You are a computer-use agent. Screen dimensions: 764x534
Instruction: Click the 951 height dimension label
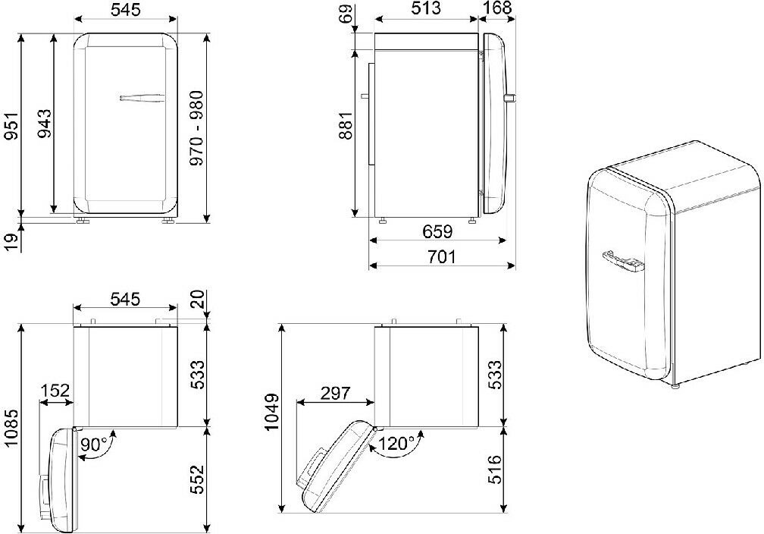(11, 127)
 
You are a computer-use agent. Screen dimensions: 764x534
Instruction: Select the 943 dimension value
(45, 124)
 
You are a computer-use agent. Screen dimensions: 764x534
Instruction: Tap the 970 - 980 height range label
(196, 128)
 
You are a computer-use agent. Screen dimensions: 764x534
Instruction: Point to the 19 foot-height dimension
(11, 241)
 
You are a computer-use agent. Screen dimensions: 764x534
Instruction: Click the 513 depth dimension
(426, 8)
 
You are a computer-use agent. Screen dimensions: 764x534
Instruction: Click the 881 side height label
(346, 126)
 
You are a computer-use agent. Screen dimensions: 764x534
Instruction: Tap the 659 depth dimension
(437, 231)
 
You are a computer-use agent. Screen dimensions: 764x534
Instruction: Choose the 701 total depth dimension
(441, 256)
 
